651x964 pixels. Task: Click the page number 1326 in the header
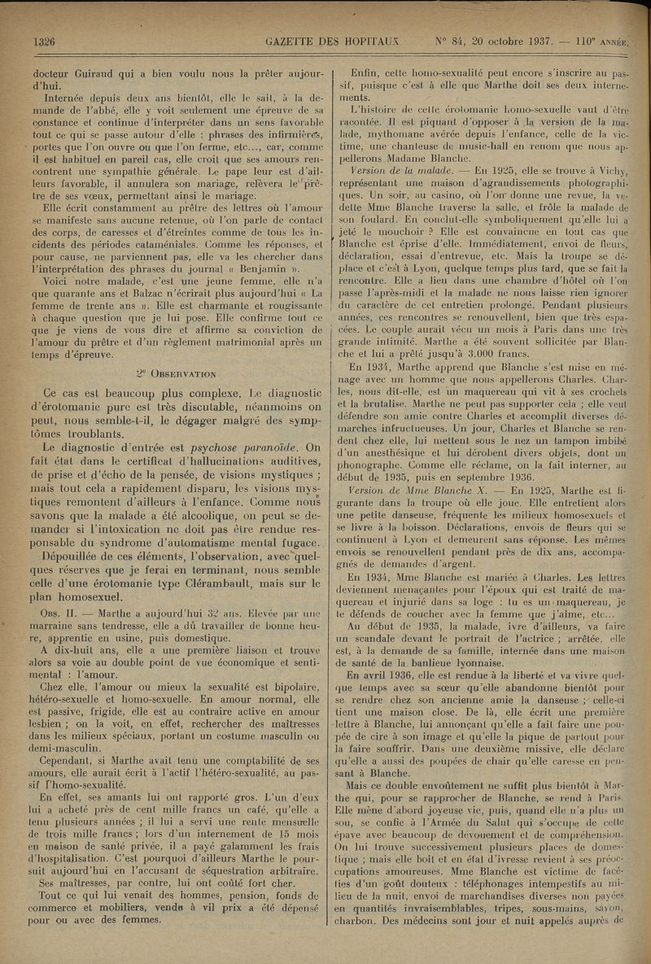tap(42, 42)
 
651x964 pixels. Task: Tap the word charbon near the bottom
tap(359, 922)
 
